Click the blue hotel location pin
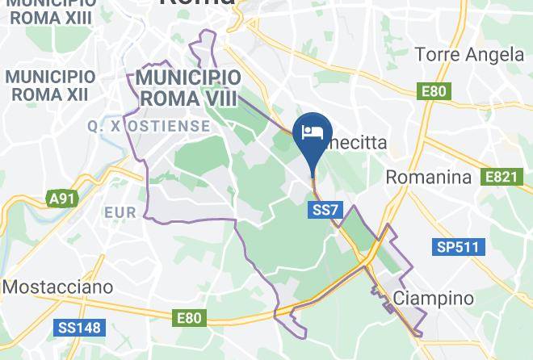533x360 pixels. click(312, 133)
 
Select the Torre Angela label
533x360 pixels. click(469, 55)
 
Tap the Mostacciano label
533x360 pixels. click(57, 287)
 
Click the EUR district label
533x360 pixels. click(120, 213)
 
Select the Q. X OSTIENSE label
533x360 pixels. click(149, 127)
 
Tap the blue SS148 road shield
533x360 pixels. click(78, 328)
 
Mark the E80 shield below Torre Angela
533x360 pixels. click(433, 91)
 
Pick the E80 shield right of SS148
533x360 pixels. click(189, 319)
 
